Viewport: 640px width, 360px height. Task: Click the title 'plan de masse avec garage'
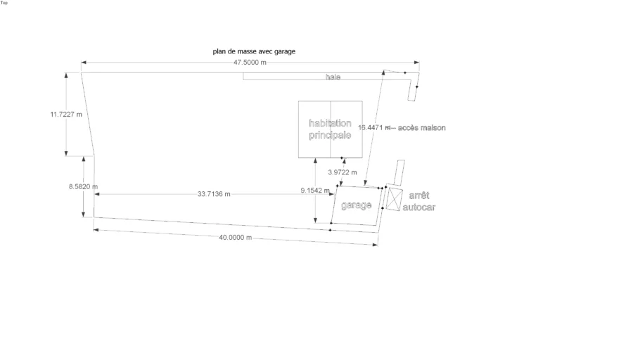(x=254, y=51)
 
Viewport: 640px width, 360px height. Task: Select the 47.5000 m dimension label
(x=250, y=63)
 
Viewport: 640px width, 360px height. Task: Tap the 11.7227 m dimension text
(x=66, y=115)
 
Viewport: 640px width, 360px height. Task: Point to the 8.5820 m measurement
(x=83, y=186)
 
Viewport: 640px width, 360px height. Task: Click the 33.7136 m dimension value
(x=214, y=194)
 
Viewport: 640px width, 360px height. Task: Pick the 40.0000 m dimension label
(x=236, y=237)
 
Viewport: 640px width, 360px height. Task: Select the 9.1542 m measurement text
(x=315, y=191)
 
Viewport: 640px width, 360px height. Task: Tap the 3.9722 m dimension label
(x=343, y=172)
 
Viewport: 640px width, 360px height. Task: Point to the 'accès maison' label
(x=422, y=128)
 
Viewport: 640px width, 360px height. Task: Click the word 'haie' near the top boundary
(x=333, y=77)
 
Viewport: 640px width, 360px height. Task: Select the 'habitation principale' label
(x=330, y=129)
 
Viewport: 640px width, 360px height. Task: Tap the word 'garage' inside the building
(x=357, y=205)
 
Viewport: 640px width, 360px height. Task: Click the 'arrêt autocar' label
(x=419, y=201)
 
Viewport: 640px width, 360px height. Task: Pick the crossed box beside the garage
(x=395, y=199)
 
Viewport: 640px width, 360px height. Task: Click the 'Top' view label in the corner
(x=4, y=3)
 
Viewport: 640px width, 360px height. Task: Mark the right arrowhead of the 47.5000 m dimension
(x=417, y=63)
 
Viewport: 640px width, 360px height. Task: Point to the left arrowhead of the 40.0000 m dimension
(x=96, y=230)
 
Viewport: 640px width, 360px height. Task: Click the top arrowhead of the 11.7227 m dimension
(x=66, y=75)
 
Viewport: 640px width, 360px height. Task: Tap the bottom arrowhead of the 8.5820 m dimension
(x=83, y=214)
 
